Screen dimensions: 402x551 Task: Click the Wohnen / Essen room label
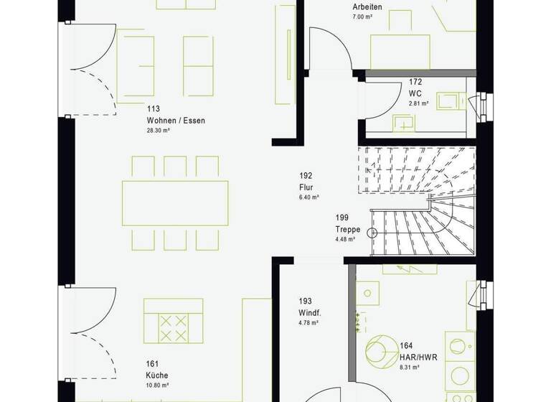[x=176, y=121]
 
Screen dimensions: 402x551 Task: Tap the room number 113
[x=153, y=110]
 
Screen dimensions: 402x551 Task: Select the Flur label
[x=307, y=186]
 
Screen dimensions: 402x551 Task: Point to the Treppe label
[x=347, y=230]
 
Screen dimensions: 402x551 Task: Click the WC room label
[x=415, y=94]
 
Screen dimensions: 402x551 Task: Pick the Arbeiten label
[x=367, y=7]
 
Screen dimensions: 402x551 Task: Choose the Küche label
[x=156, y=375]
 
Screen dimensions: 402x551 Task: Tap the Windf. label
[x=310, y=313]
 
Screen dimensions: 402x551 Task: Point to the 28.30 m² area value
[x=158, y=131]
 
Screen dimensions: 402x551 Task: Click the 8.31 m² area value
[x=411, y=367]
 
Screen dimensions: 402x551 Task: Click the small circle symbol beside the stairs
[x=372, y=232]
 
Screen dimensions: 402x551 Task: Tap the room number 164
[x=407, y=346]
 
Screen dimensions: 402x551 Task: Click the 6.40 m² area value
[x=309, y=196]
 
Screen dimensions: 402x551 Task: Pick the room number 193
[x=306, y=301]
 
